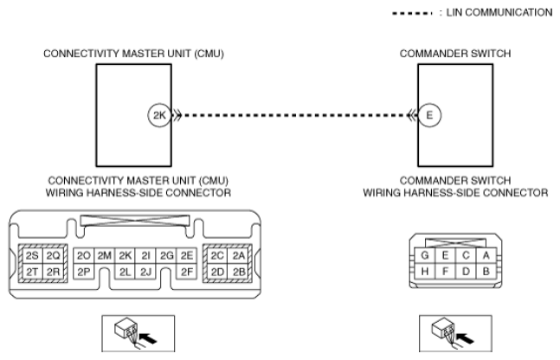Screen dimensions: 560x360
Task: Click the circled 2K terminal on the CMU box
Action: (x=159, y=115)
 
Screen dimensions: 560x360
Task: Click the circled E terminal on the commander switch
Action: (x=429, y=115)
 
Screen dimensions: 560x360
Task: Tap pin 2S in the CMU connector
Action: (x=32, y=255)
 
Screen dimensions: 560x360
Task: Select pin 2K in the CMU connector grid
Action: (x=126, y=255)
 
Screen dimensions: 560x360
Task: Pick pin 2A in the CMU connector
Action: (x=239, y=255)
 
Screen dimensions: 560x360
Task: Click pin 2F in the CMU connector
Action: (x=187, y=272)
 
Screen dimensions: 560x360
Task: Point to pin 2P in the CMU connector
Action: (x=84, y=272)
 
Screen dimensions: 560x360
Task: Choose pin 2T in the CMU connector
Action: (x=32, y=272)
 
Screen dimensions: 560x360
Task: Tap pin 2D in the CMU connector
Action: (x=217, y=272)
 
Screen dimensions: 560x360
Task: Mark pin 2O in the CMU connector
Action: (x=84, y=255)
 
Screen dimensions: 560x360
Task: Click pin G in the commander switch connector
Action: (x=425, y=255)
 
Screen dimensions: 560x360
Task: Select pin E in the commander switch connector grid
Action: (x=445, y=255)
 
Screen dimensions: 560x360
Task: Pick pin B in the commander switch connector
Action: (x=486, y=272)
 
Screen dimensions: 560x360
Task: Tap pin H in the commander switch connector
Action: (x=425, y=272)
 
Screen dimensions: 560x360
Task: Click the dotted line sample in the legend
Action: (x=412, y=14)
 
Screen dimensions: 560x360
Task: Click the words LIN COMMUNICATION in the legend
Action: (x=499, y=12)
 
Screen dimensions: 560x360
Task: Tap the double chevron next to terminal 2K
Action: (x=177, y=115)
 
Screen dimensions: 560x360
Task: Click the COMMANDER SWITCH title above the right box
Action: (x=455, y=54)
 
